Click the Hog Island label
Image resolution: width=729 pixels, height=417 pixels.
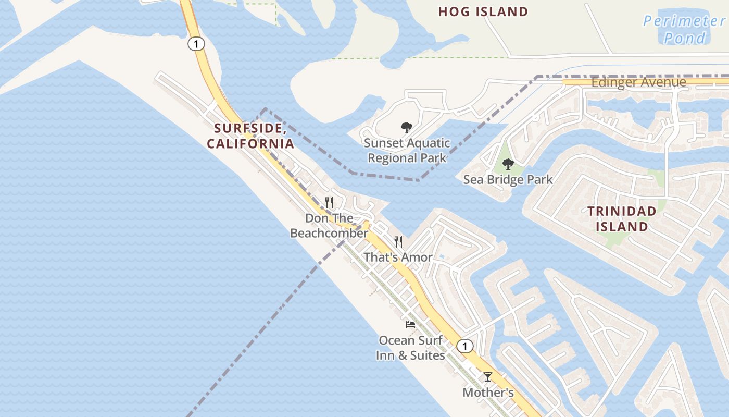point(483,11)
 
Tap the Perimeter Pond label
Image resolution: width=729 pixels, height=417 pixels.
point(684,29)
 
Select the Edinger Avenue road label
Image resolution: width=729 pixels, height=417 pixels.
point(638,82)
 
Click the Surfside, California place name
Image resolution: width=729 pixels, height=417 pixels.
point(250,136)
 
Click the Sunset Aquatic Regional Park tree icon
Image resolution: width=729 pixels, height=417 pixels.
point(407,127)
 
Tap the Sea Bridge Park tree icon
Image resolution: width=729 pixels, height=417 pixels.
point(508,164)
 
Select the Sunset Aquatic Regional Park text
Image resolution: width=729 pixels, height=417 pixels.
point(407,150)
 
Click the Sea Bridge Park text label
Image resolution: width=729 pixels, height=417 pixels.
point(508,180)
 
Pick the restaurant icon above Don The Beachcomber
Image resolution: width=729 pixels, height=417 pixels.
point(329,202)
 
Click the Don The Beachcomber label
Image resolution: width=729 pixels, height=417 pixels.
point(329,226)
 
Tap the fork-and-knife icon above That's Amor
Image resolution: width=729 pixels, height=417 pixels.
point(398,241)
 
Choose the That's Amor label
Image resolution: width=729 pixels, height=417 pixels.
point(398,257)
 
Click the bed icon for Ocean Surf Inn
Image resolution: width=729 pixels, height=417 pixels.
point(410,325)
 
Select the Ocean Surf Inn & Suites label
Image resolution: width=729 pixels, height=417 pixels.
point(410,348)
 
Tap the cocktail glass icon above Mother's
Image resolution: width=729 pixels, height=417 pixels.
point(488,376)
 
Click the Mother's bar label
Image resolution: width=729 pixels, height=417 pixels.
point(488,393)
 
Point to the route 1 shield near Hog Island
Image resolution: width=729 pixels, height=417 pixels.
point(196,44)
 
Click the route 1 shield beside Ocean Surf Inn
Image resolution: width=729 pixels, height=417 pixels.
point(464,346)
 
